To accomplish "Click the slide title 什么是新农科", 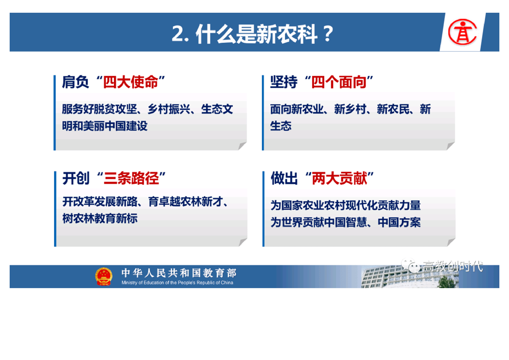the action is click(257, 34).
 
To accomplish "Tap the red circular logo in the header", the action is click(462, 32).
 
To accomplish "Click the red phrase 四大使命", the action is click(131, 82).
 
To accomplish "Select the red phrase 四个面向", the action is click(339, 82).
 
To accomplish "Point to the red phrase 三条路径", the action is click(131, 178).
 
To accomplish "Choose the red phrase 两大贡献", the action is click(339, 178).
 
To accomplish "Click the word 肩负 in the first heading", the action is click(75, 82).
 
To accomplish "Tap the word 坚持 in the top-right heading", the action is click(284, 82).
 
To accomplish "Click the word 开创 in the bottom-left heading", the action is click(76, 178).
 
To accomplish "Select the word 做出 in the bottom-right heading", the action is click(284, 178).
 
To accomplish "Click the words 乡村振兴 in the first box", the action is click(169, 109).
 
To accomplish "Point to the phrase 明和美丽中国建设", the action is click(105, 126).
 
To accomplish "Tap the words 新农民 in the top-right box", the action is click(393, 109).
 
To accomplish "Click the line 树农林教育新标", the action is click(100, 218).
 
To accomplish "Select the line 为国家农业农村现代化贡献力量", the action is click(346, 205).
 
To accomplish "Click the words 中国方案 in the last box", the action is click(399, 222).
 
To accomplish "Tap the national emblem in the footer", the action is click(103, 276).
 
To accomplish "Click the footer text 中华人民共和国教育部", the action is click(179, 273).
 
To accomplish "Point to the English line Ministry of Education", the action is click(177, 283).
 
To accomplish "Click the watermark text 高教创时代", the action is click(453, 266).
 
